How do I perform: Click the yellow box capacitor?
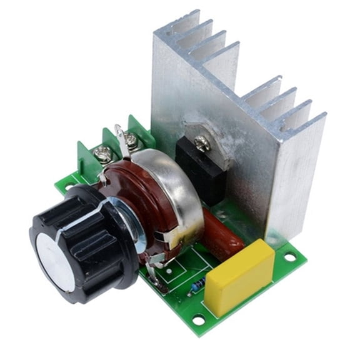click(241, 275)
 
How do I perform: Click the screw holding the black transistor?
click(201, 144)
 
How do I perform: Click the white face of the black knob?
click(54, 262)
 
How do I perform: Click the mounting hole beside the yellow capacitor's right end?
click(289, 256)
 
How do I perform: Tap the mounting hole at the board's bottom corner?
click(199, 320)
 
